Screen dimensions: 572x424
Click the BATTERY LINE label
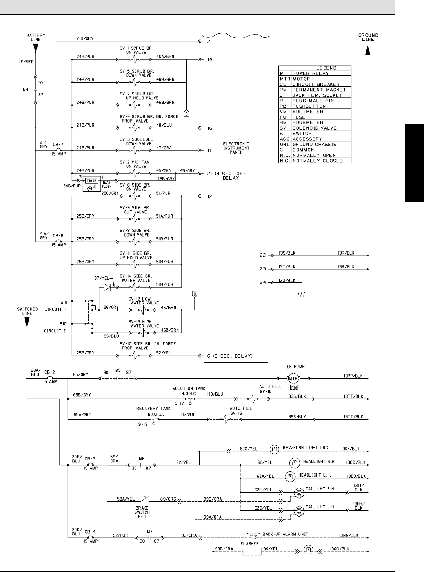click(36, 37)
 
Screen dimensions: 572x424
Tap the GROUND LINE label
click(368, 37)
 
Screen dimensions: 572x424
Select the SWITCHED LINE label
click(27, 311)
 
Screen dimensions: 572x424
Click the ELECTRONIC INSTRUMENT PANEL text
click(236, 148)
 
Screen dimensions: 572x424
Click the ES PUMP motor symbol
click(293, 378)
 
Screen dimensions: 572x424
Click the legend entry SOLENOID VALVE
click(315, 128)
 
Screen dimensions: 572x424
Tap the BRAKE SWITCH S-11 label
click(142, 512)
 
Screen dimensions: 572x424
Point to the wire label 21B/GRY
click(85, 38)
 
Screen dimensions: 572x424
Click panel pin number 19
click(210, 60)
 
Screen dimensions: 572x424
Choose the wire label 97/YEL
click(101, 278)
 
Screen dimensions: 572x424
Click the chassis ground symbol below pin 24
click(301, 293)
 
